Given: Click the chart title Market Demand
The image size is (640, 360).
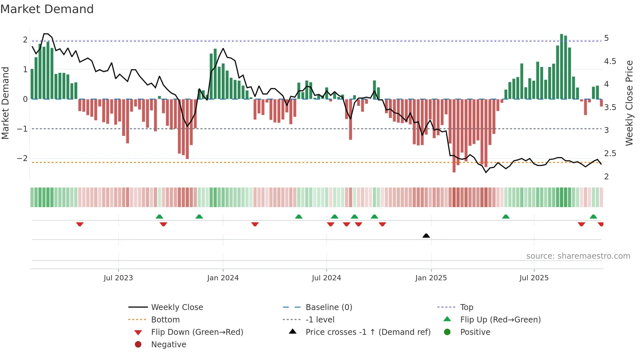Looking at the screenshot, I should point(47,9).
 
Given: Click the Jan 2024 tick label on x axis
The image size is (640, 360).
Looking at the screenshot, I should point(223,278).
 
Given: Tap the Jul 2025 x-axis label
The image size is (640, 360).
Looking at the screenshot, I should point(534,278).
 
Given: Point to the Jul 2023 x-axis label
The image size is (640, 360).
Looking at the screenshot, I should point(118,278).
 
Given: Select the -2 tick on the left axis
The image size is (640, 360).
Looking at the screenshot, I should point(22,158).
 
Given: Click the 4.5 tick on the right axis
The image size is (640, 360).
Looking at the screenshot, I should point(610,61).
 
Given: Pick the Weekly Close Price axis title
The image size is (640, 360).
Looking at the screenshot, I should point(629,103).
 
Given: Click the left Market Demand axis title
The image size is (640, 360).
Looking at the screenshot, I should point(5,103).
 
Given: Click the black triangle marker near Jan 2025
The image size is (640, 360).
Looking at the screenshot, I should point(426,236).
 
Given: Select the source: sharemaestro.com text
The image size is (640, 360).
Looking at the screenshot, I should point(578,256).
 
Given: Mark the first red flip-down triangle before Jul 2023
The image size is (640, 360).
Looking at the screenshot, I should point(80,224).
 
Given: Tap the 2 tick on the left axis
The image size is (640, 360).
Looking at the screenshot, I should point(25,40).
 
